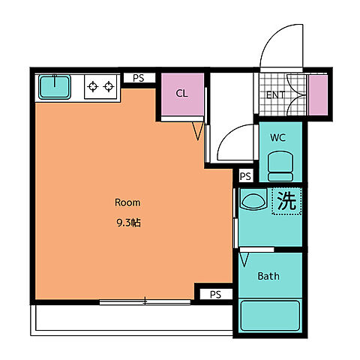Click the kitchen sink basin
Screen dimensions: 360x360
click(55, 87)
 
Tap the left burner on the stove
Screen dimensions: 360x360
click(93, 86)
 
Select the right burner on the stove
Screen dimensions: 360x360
click(109, 86)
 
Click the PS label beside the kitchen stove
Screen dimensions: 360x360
click(139, 78)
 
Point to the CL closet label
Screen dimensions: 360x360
click(181, 94)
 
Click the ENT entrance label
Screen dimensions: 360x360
click(275, 95)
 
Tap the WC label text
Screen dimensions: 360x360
click(277, 137)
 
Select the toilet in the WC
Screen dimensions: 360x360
click(280, 166)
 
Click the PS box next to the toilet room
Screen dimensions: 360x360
click(245, 176)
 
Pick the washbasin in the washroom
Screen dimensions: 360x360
click(253, 199)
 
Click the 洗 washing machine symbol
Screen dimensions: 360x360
click(286, 201)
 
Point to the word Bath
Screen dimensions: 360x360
click(268, 276)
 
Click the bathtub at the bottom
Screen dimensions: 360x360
click(270, 316)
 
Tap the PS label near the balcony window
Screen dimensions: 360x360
click(215, 295)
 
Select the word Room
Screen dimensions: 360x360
click(127, 202)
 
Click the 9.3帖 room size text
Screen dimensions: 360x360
click(129, 223)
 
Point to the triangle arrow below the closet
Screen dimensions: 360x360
click(197, 130)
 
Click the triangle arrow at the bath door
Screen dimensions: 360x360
click(244, 259)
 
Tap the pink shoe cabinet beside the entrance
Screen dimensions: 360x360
click(318, 95)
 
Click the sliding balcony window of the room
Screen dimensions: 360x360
click(145, 302)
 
